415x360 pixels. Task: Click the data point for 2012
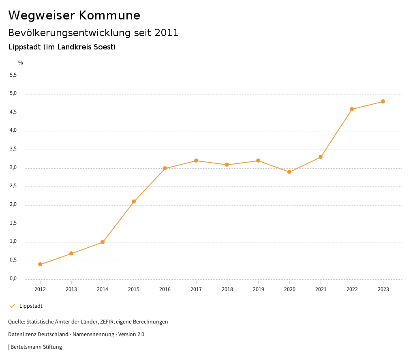(x=40, y=264)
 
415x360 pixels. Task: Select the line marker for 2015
(x=134, y=201)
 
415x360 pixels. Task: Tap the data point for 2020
(x=289, y=172)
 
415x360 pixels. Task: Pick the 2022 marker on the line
(x=352, y=109)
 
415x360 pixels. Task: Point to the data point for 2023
(x=383, y=101)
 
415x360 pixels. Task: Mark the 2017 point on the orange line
(x=196, y=161)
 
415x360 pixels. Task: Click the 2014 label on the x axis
(x=103, y=289)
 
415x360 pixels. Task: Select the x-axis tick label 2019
(x=258, y=289)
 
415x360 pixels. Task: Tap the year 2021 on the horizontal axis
(x=321, y=289)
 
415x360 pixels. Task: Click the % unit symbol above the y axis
(x=21, y=62)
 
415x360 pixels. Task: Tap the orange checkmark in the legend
(x=12, y=306)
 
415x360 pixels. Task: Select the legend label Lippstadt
(x=31, y=306)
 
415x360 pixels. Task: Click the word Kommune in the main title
(x=109, y=15)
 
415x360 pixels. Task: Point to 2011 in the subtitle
(x=167, y=33)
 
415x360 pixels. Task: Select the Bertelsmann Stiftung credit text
(x=36, y=347)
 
